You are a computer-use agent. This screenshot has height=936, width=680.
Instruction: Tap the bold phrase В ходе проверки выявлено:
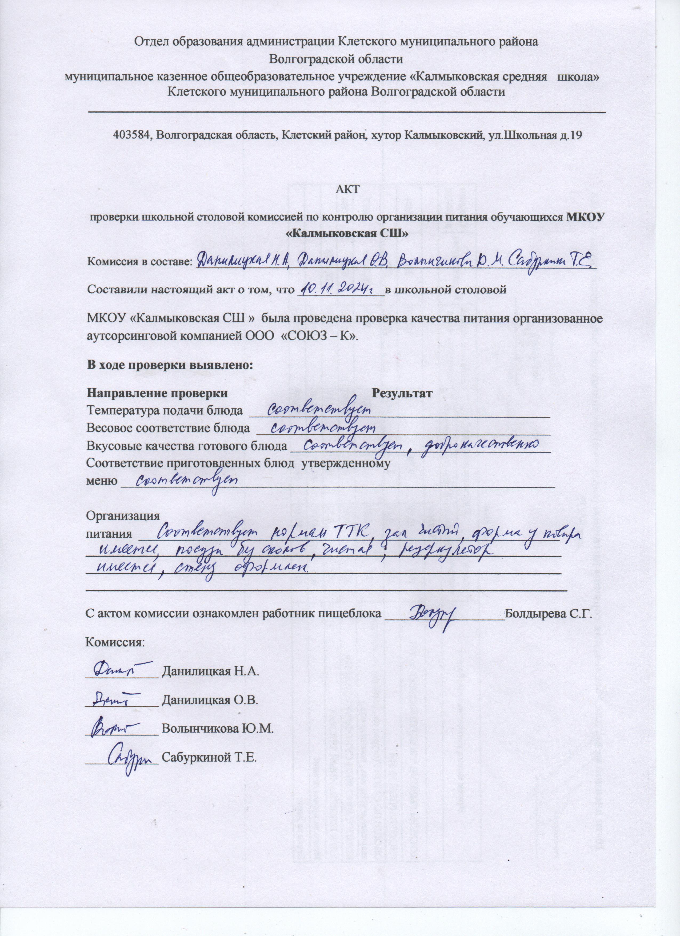pos(169,365)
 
